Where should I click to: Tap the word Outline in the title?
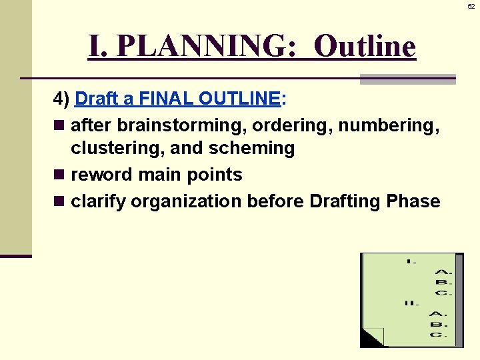(x=364, y=47)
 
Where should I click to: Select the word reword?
(x=101, y=175)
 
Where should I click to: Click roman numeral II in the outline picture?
(x=411, y=303)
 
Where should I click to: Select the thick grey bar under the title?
(x=407, y=79)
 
